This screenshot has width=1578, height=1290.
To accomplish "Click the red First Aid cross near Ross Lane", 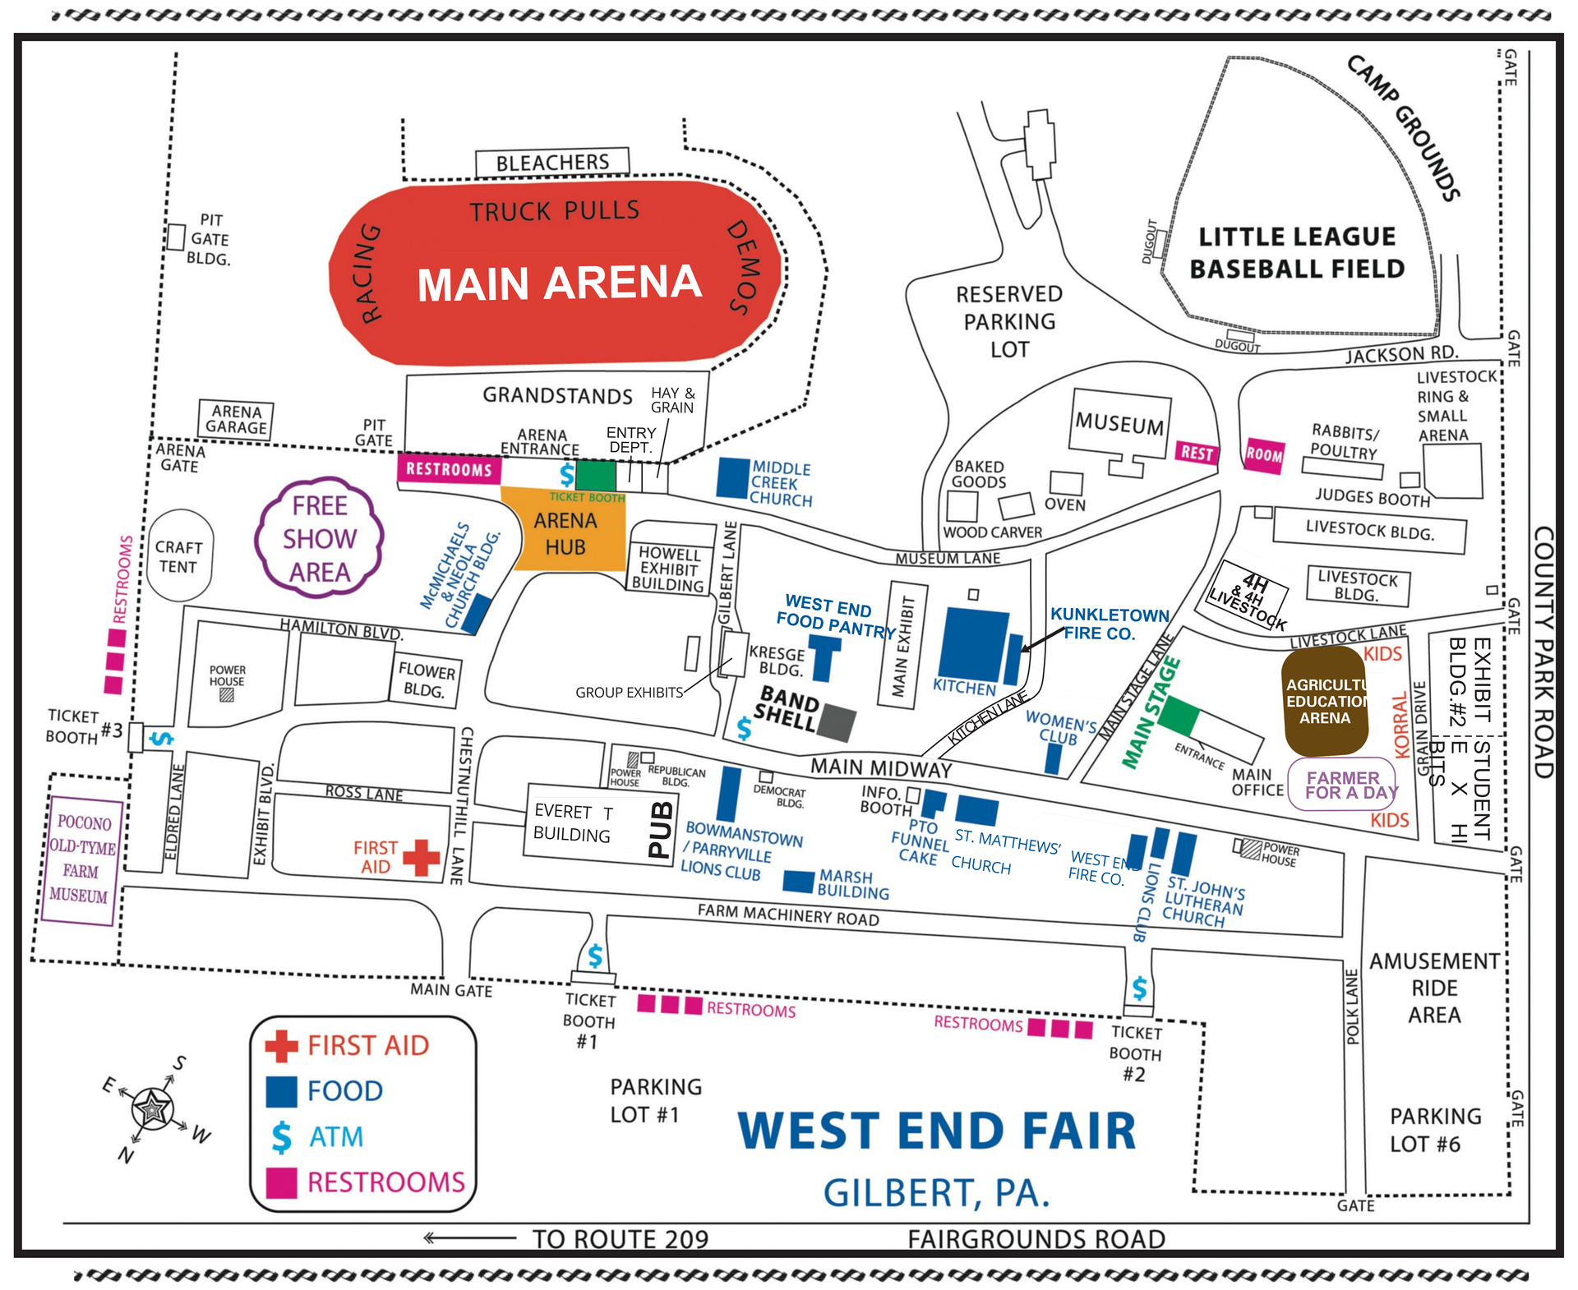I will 421,858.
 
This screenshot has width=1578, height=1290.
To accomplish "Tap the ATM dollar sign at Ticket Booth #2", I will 1139,988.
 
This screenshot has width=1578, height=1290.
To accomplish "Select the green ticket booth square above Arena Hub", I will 595,476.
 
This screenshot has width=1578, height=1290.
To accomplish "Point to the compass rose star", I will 153,1109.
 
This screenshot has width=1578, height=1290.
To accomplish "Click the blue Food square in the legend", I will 281,1092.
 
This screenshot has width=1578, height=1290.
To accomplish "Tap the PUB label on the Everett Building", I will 661,830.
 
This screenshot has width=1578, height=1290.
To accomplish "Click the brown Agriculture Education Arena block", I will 1323,701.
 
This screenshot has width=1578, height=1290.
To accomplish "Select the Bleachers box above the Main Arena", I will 552,163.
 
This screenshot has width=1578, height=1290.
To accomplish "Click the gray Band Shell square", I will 837,723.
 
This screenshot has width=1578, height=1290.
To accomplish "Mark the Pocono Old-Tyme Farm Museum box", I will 81,859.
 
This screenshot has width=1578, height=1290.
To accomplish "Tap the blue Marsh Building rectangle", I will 798,881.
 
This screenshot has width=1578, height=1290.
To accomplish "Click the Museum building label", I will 1119,425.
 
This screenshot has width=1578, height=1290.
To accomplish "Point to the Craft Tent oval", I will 179,556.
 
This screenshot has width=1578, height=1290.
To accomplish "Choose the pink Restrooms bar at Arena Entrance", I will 449,469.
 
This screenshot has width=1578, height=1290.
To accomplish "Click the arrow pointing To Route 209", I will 468,1237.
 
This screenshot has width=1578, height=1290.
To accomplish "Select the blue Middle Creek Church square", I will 732,477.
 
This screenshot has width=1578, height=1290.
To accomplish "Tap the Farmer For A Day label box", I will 1341,785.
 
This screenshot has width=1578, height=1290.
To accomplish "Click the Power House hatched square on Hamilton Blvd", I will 227,695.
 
